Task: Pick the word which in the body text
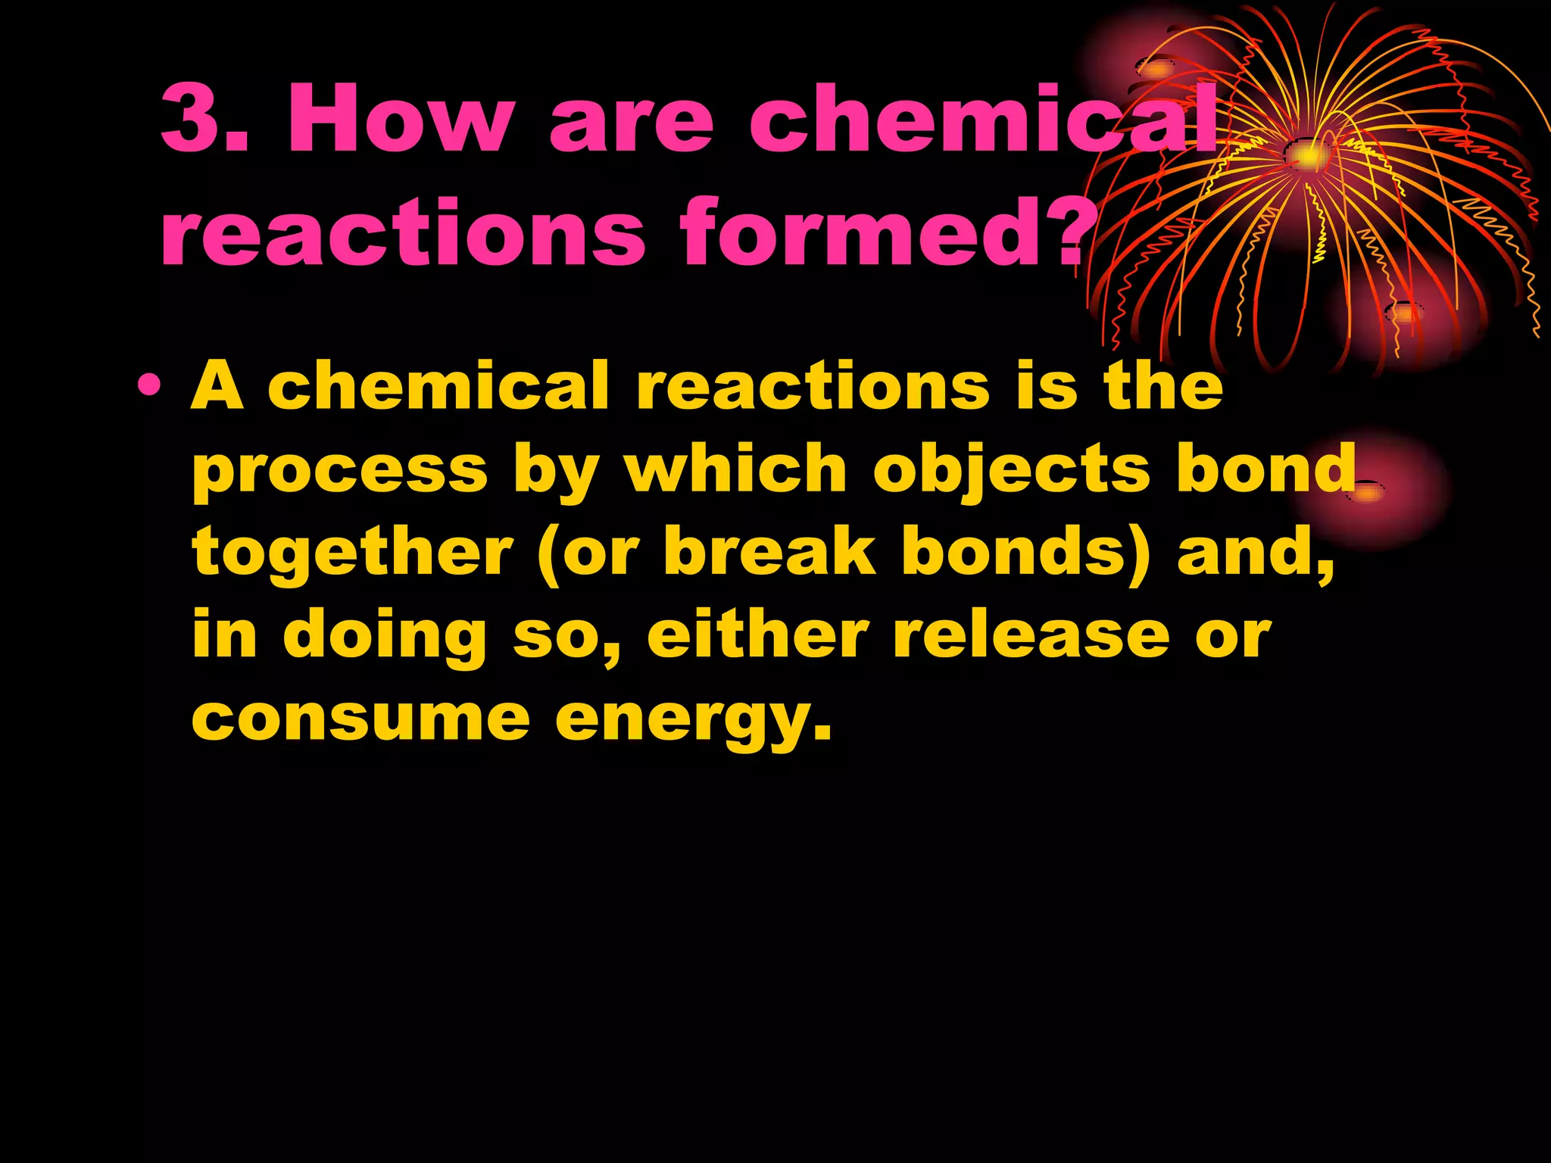point(735,469)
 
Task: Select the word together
point(353,552)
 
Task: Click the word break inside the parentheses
point(769,552)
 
